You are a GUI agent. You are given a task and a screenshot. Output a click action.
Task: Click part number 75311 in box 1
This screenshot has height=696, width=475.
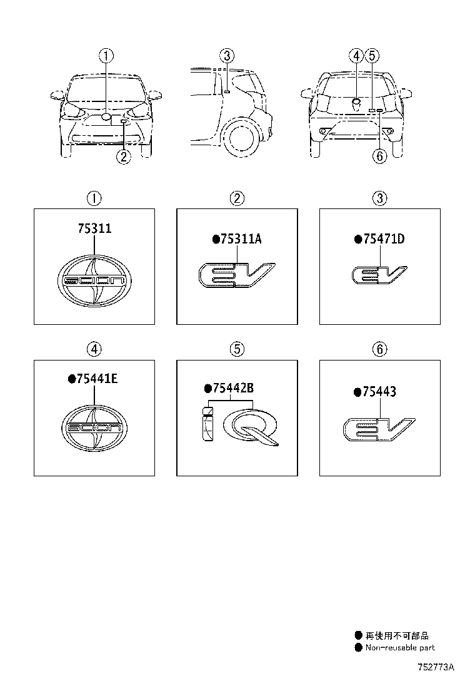coord(94,228)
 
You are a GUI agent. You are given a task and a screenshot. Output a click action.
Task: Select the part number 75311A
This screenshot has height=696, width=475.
coord(241,238)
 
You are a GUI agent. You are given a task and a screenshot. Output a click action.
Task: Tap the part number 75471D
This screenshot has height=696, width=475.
coord(383,238)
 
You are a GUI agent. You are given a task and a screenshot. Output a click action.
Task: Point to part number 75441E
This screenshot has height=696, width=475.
coord(94,379)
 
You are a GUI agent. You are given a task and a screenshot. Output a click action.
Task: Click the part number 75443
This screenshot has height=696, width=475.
coord(378,392)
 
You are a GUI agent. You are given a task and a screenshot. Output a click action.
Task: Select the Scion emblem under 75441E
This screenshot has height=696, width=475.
coord(94,428)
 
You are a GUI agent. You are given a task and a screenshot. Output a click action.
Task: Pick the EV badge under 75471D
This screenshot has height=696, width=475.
coord(379,275)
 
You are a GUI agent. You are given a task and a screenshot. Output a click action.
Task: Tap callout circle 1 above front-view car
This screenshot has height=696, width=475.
coord(107,56)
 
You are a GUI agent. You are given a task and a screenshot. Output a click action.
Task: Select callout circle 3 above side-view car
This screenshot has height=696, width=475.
coord(227,56)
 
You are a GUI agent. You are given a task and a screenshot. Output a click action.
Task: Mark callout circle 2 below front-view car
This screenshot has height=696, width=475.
coord(124,157)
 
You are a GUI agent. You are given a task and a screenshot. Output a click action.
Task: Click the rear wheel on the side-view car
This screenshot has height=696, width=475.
coord(240,136)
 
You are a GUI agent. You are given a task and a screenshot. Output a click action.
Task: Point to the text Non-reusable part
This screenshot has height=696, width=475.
coord(400,648)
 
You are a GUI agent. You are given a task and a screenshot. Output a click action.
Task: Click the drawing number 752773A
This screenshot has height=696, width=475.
coord(436,667)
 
